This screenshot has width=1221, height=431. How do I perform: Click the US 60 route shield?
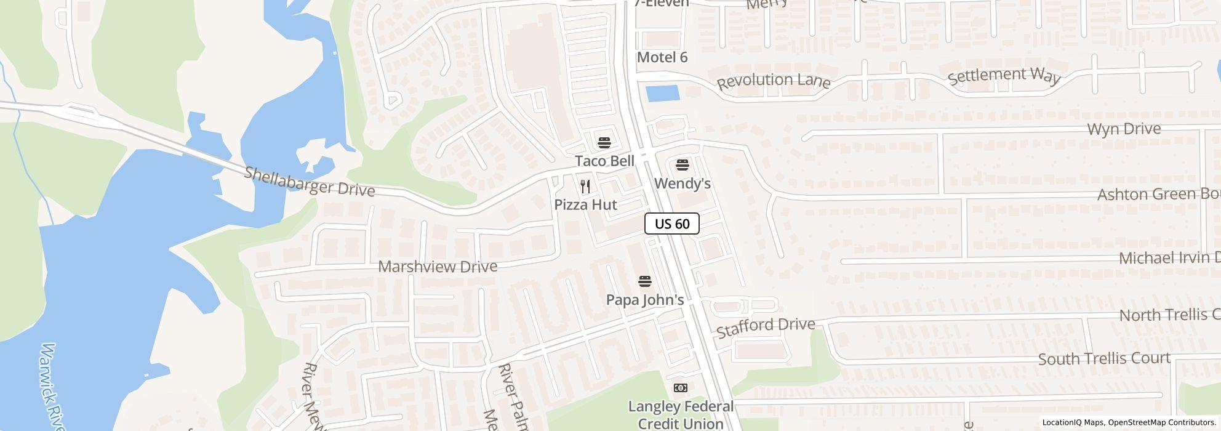671,224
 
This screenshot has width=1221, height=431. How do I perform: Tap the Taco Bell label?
604,161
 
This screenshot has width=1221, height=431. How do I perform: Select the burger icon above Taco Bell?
604,143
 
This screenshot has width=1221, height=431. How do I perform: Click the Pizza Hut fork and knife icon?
585,186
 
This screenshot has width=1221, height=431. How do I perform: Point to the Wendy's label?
682,183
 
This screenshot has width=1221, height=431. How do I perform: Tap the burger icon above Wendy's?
682,165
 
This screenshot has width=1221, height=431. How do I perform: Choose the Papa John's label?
645,300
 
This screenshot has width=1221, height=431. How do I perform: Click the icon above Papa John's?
645,281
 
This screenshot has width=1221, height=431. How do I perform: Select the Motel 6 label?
662,57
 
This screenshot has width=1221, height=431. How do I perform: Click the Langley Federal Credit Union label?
681,415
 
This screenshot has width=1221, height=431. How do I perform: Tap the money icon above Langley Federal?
681,388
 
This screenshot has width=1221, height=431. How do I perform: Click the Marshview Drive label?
438,267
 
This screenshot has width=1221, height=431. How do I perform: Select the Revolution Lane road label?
774,81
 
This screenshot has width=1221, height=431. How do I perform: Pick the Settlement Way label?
1004,76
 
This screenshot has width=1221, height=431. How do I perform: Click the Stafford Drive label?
766,327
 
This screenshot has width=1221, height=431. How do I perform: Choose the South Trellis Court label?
1104,358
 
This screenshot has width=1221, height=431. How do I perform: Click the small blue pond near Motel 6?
662,94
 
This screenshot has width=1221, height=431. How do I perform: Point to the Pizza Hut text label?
585,204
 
